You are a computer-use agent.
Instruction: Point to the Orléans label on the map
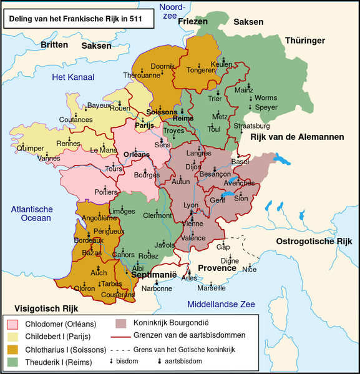point(137,154)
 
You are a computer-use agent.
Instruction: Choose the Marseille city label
point(211,288)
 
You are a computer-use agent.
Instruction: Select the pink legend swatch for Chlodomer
point(12,325)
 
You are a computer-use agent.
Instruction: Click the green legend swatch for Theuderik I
point(12,362)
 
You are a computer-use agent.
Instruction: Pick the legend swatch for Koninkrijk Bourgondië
point(121,323)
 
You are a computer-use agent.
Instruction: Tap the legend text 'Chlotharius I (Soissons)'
point(66,350)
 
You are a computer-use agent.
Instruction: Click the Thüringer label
point(306,41)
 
